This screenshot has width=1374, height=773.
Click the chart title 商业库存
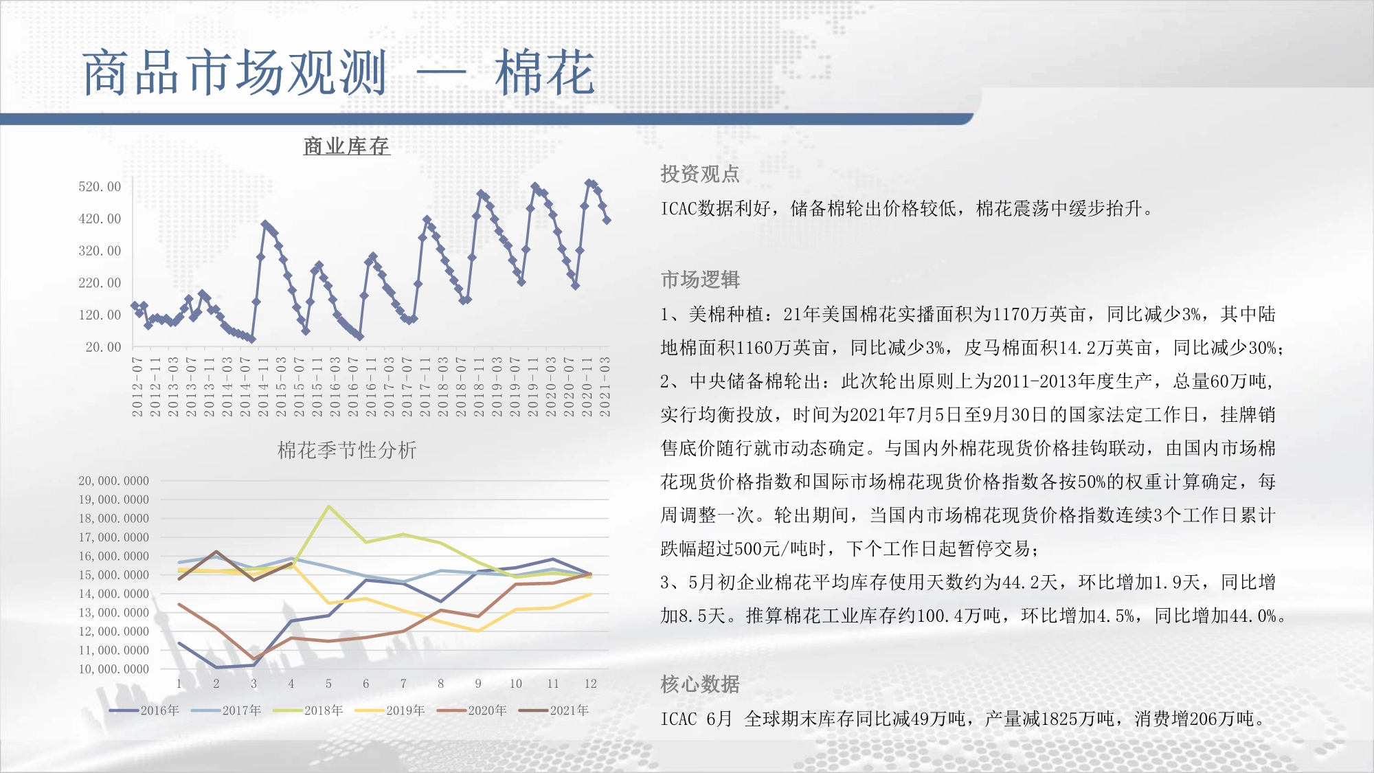347,146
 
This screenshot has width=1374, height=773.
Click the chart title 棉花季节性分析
347,450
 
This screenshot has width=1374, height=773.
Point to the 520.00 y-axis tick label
100,187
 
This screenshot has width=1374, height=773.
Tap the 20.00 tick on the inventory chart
103,347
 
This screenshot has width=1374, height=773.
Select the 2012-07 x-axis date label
137,387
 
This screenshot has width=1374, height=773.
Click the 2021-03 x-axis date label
605,387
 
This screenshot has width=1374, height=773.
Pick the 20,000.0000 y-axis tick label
113,481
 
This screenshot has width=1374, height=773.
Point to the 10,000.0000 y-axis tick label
113,669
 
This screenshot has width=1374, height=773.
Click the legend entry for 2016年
144,710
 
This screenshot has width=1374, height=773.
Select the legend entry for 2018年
308,710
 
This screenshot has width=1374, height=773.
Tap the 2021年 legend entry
554,710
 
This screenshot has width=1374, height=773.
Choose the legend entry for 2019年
390,710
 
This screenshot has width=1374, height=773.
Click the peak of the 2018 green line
329,506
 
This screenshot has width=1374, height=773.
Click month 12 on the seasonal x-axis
591,684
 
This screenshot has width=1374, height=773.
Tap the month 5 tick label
328,684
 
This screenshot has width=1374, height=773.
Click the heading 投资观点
700,174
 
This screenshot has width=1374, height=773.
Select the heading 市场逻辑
700,280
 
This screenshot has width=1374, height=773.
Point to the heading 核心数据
700,684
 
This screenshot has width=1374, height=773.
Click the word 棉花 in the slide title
545,73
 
